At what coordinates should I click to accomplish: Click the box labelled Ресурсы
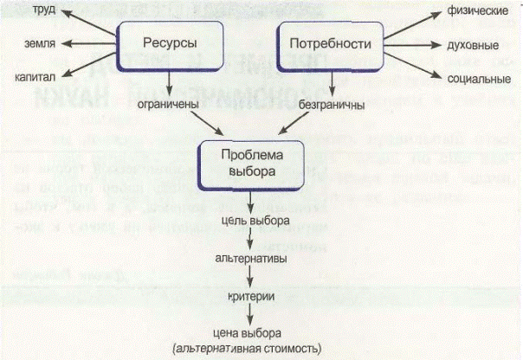(x=170, y=44)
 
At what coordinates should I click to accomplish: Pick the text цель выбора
(x=251, y=221)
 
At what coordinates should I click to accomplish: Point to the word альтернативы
(x=251, y=258)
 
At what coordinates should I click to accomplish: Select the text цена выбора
(x=250, y=333)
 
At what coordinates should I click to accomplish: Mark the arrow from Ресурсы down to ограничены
(x=171, y=82)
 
